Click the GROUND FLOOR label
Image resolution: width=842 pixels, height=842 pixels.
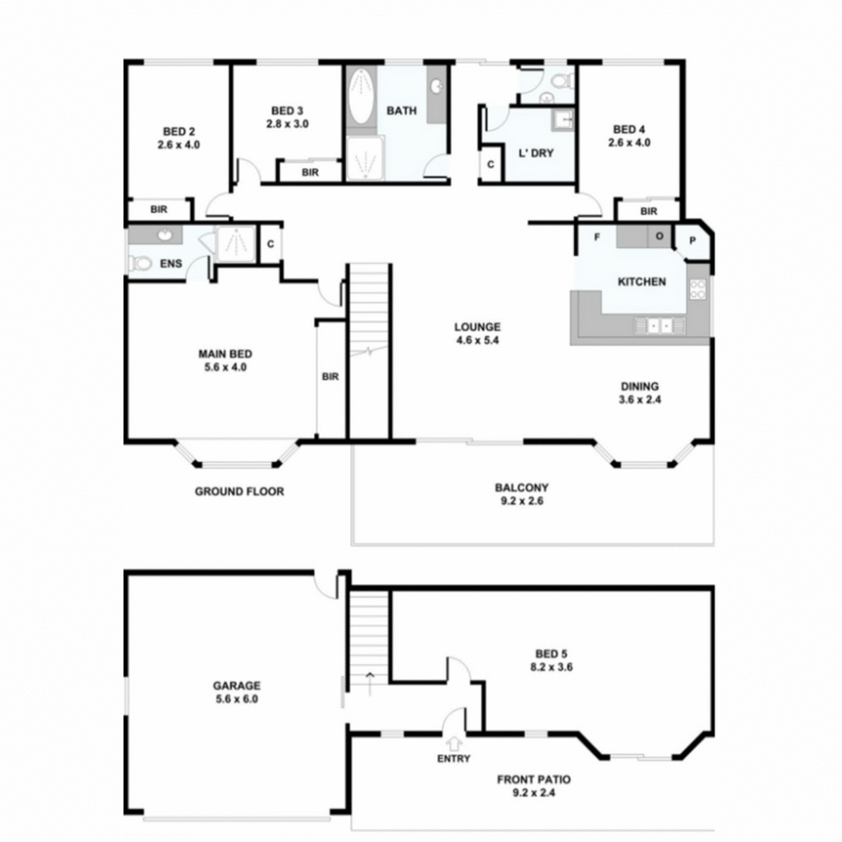click(x=239, y=491)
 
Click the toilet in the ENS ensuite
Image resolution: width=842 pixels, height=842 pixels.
click(x=140, y=264)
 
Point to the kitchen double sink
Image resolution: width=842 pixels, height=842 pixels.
click(x=659, y=326)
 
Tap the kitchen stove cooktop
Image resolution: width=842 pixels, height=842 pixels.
click(x=698, y=289)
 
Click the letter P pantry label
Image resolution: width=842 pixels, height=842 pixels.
click(x=692, y=241)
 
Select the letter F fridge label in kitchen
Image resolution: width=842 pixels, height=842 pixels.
click(x=597, y=237)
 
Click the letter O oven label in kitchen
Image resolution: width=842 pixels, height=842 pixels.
click(x=659, y=236)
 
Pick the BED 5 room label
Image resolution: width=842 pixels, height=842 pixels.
click(x=551, y=654)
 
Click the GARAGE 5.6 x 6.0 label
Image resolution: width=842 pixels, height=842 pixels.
click(x=236, y=693)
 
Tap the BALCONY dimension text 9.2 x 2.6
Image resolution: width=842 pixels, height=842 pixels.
click(x=521, y=501)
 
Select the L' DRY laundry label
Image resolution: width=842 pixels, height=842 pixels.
click(x=536, y=153)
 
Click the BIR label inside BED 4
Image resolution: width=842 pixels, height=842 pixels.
click(x=648, y=211)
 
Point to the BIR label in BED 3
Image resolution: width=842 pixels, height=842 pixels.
click(x=310, y=172)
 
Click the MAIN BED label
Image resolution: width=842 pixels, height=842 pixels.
click(x=225, y=354)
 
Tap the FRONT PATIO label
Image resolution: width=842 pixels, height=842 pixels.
click(x=533, y=779)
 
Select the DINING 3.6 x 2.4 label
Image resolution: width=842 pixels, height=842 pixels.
click(x=639, y=393)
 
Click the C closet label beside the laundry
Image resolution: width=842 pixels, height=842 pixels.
click(x=490, y=164)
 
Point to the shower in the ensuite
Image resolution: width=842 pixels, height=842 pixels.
click(x=236, y=243)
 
